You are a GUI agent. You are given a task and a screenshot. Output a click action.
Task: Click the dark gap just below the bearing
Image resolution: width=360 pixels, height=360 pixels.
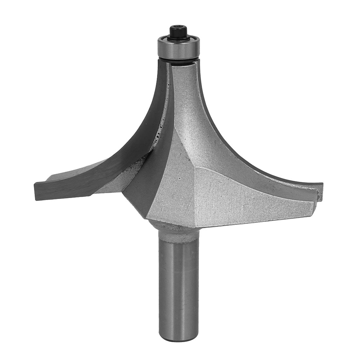pos(177,60)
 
